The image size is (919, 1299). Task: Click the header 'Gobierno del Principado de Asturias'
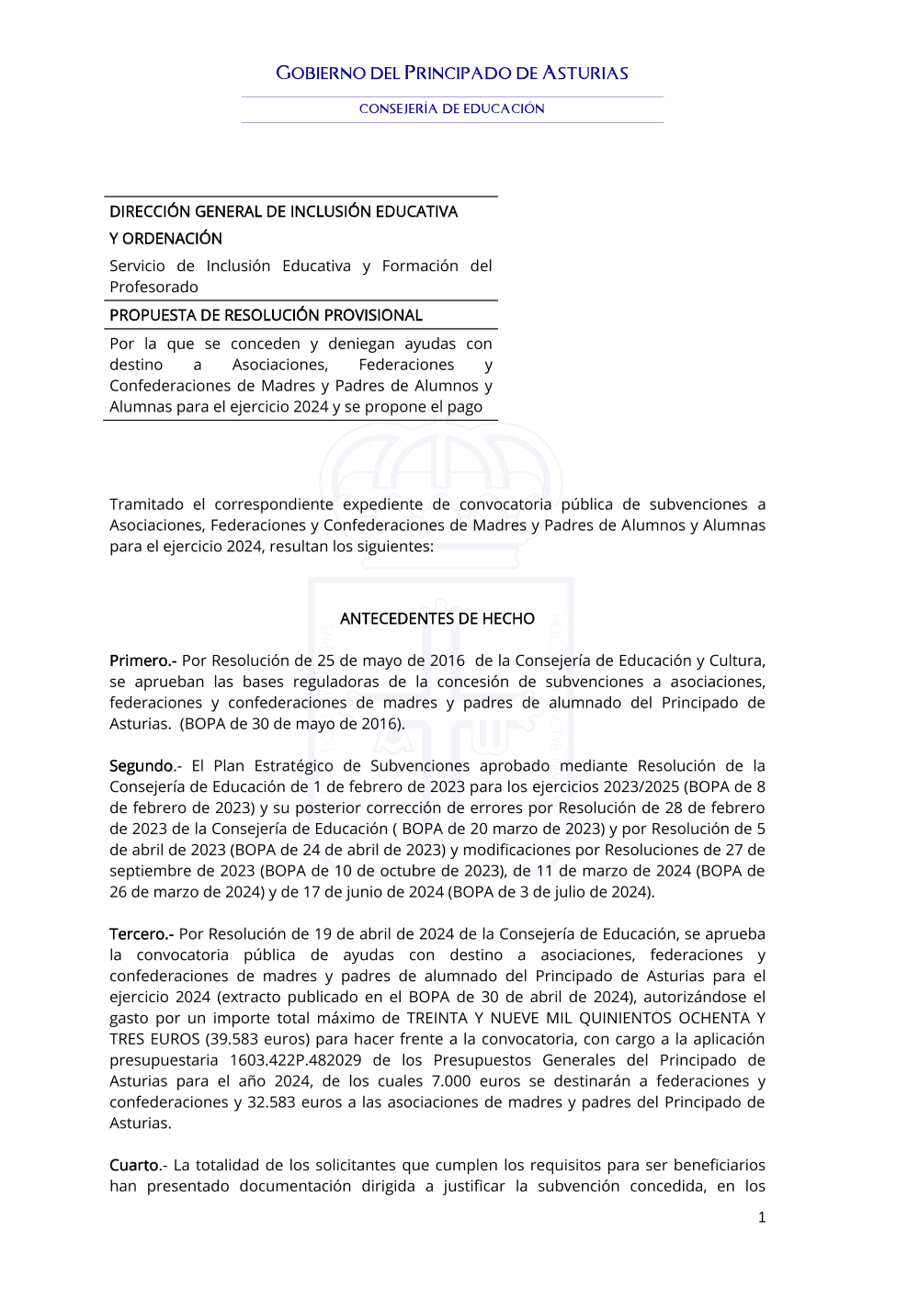click(x=452, y=73)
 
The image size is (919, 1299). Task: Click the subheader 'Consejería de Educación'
click(x=452, y=108)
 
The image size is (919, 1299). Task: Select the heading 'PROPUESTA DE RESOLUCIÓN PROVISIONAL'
click(x=266, y=315)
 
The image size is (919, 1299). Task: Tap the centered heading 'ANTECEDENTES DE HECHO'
click(x=437, y=618)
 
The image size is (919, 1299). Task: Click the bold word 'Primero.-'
click(x=142, y=661)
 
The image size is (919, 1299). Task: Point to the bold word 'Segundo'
click(x=142, y=765)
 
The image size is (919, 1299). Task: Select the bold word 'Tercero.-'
click(x=142, y=933)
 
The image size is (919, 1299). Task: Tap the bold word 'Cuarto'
click(x=135, y=1165)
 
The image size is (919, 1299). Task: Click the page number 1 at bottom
click(x=762, y=1217)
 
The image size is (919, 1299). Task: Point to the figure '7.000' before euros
click(x=451, y=1081)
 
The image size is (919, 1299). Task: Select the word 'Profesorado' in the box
click(x=153, y=287)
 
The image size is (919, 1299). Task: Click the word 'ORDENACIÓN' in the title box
click(x=172, y=239)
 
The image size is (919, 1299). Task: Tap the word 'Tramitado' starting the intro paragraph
click(x=146, y=504)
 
